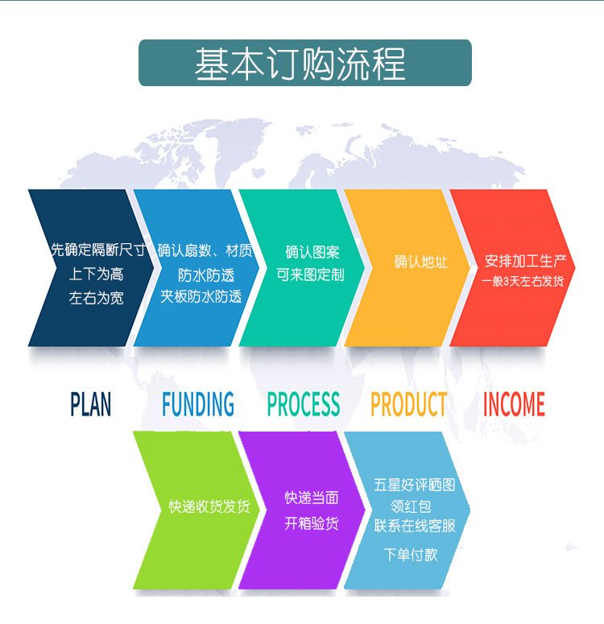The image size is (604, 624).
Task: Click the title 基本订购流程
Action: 300,64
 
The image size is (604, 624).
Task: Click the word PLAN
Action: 91,404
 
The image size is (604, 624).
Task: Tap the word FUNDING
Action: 198,404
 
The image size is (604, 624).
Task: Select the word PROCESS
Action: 304,404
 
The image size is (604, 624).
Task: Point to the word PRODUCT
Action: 408,404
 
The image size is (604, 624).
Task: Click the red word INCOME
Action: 514,404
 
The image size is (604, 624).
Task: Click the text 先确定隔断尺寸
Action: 97,250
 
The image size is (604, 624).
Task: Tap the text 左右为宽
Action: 97,297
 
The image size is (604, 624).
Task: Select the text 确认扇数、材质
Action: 205,250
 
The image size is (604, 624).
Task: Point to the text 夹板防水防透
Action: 201,296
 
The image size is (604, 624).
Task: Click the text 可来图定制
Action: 311,275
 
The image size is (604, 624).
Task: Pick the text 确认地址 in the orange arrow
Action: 420,262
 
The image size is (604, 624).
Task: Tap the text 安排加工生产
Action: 525,262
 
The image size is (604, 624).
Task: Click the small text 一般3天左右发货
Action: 523,281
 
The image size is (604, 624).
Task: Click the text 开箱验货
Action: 312,523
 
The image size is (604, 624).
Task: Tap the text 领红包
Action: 411,506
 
